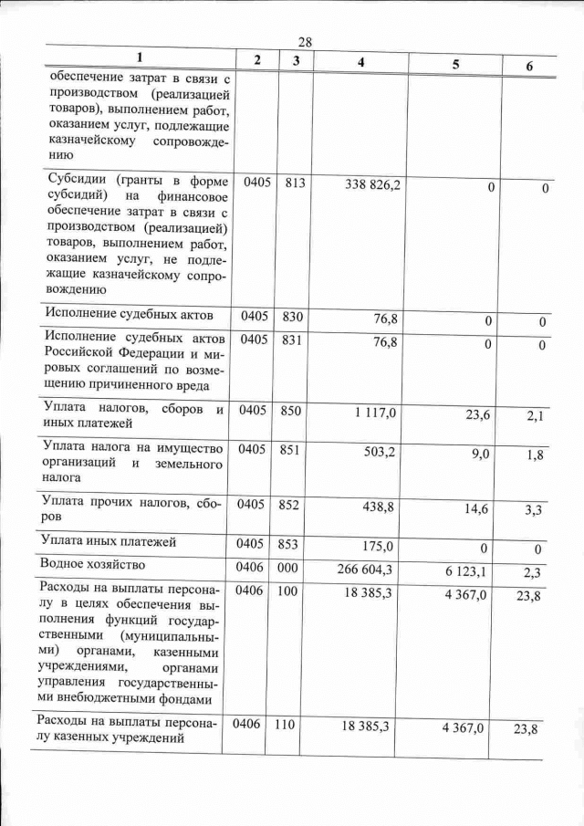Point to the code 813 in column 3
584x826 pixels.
click(x=294, y=183)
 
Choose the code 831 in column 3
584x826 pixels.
click(x=292, y=341)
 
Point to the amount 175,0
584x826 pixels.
click(x=377, y=546)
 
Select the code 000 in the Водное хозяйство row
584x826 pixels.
click(x=289, y=568)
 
